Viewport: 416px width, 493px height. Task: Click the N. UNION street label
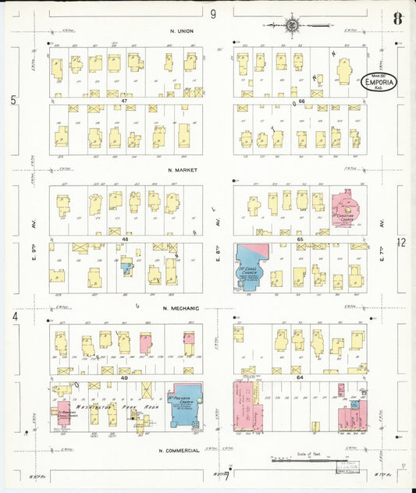pos(180,31)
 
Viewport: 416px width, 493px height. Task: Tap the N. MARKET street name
pos(181,170)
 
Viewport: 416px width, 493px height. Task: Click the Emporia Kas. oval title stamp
pos(380,82)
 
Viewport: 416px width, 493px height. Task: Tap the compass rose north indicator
pos(293,25)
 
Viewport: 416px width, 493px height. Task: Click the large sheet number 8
pos(399,19)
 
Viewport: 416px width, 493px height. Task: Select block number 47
pos(123,101)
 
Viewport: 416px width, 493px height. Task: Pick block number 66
pos(299,101)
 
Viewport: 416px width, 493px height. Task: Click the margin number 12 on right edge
pos(401,243)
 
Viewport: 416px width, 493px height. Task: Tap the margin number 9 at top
pos(213,13)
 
